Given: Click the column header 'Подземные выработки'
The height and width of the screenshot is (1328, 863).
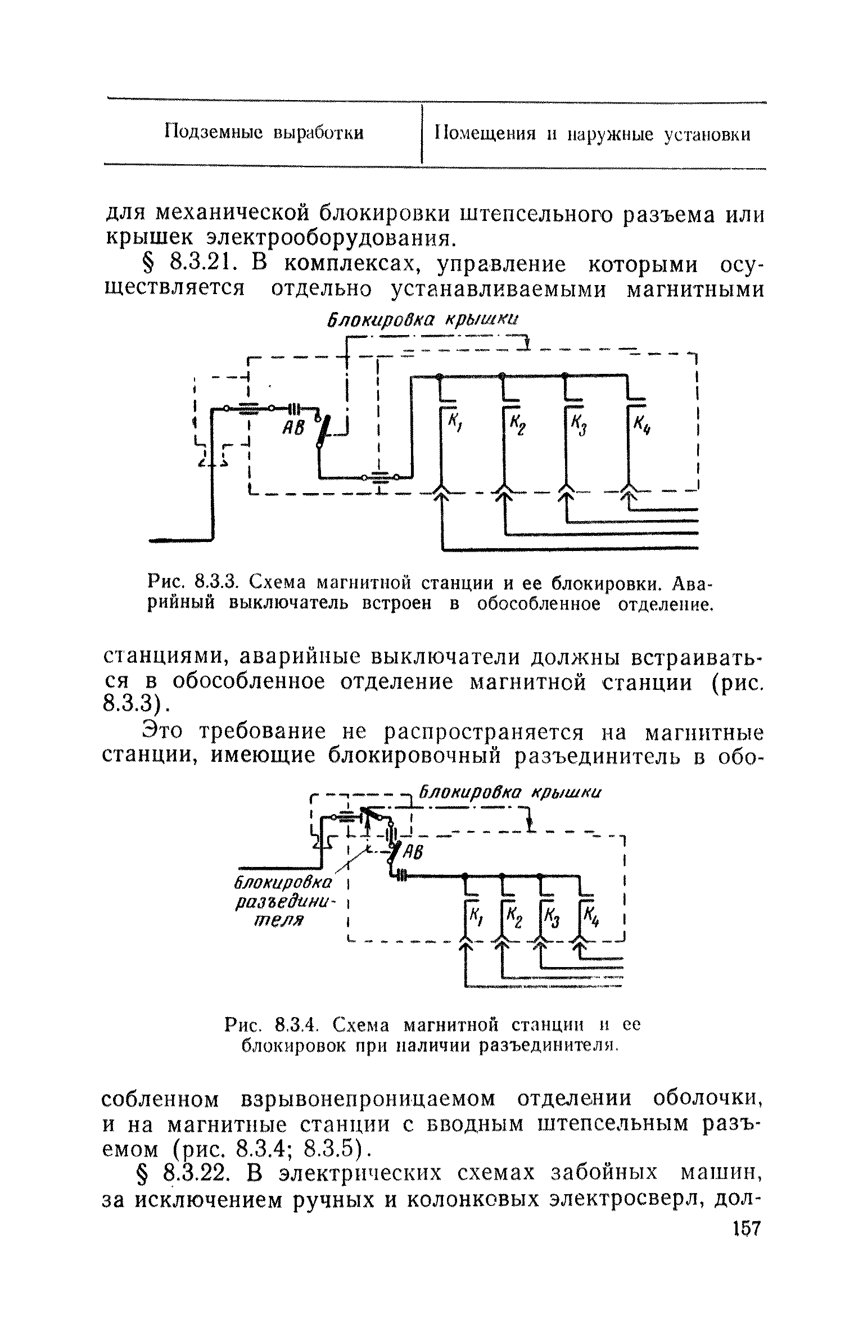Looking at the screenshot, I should pos(264,133).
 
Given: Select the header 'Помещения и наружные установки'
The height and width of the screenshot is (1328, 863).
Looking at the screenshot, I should pos(593,134).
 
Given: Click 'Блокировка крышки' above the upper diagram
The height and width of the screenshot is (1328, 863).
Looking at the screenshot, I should pos(422,320).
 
